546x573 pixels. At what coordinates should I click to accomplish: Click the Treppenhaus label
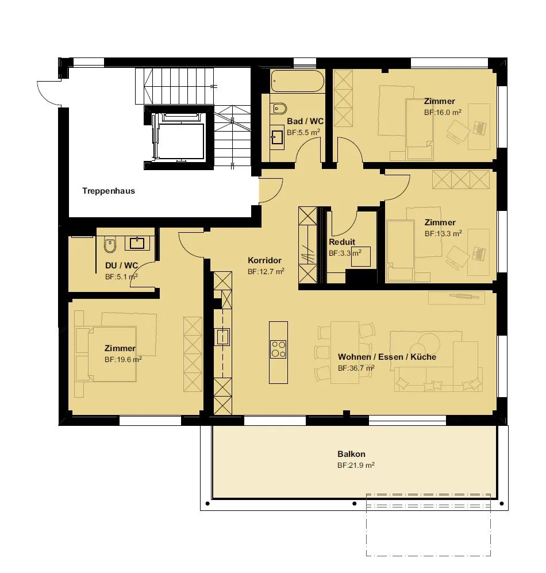tap(109, 191)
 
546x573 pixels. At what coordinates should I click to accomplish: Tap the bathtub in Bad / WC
tap(298, 81)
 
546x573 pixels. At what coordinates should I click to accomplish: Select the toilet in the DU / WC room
tap(110, 245)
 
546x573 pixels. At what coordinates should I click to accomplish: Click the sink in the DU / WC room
tap(137, 243)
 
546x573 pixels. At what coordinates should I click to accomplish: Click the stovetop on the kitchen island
tap(278, 349)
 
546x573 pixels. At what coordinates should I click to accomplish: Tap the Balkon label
tap(351, 454)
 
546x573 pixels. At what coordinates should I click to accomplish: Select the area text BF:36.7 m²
tap(356, 368)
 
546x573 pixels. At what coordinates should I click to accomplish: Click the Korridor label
tap(264, 260)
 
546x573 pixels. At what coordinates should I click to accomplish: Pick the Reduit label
tap(342, 242)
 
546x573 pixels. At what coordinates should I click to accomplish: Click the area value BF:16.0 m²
tap(443, 113)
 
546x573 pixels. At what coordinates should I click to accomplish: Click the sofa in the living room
tap(438, 379)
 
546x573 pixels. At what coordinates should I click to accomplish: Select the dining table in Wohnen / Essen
tap(345, 353)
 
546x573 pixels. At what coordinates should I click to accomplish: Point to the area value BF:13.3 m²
tap(443, 233)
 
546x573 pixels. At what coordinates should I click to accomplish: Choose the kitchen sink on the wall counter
tap(222, 337)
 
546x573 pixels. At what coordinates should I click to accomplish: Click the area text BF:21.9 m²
tap(356, 466)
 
